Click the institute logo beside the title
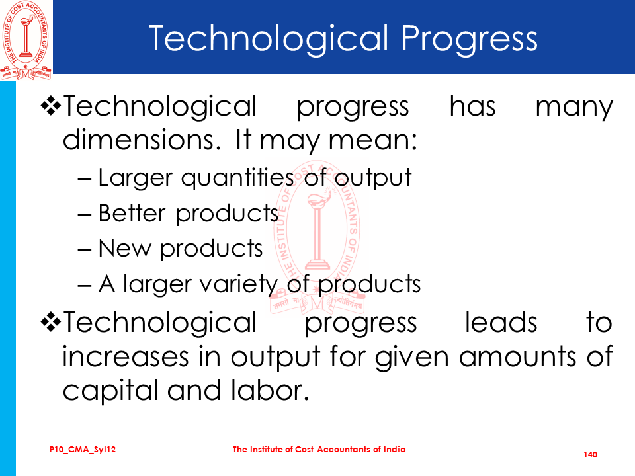click(26, 40)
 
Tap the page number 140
click(591, 455)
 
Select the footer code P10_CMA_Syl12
click(83, 450)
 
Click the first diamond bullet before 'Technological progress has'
click(51, 106)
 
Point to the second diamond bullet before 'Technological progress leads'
click(51, 322)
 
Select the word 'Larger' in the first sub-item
click(136, 178)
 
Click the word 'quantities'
click(237, 178)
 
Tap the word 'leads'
click(501, 322)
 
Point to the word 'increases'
click(126, 357)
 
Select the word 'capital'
click(110, 391)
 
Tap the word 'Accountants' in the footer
click(344, 450)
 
